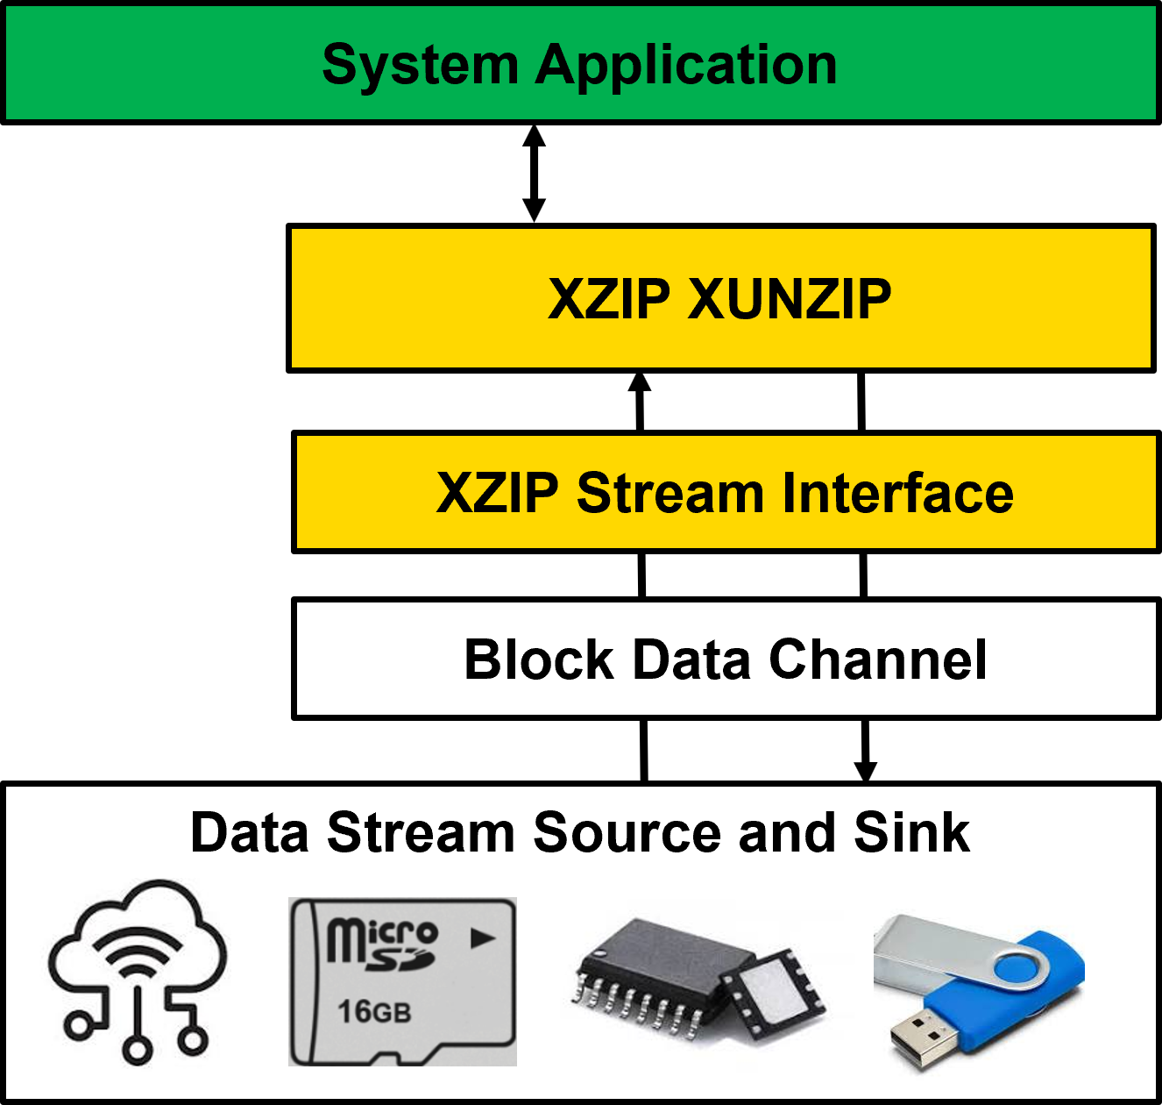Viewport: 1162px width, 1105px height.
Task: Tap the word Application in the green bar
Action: tap(686, 66)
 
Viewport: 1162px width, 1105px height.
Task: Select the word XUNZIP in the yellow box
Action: tap(790, 299)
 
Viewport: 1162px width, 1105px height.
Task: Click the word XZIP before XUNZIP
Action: tap(609, 299)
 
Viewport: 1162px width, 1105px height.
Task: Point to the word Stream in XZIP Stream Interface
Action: tap(670, 493)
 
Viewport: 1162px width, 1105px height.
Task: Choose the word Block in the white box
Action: tap(539, 659)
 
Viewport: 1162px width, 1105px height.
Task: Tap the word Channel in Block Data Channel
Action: tap(877, 659)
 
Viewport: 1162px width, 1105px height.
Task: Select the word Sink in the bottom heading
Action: tap(911, 832)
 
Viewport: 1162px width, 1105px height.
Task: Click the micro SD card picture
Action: tap(402, 981)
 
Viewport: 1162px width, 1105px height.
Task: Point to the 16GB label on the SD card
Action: tap(374, 1012)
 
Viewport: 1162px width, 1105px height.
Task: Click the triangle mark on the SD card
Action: tap(482, 938)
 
